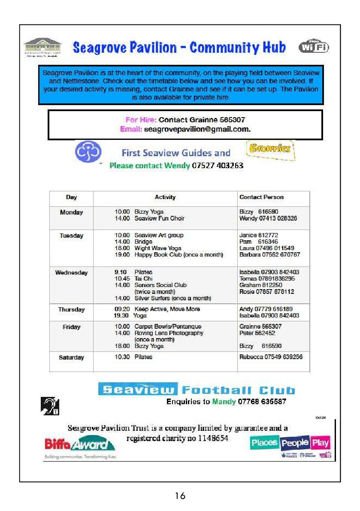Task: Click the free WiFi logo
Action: pos(314,47)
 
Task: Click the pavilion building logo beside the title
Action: pos(42,47)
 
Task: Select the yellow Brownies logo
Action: pos(271,150)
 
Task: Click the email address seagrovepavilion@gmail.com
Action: pos(197,129)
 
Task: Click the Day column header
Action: pos(71,197)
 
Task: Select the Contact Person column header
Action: pos(261,197)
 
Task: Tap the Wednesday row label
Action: pos(71,272)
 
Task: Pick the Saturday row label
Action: pos(71,357)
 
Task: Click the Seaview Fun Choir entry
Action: pos(159,218)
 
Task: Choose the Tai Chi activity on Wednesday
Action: pos(141,278)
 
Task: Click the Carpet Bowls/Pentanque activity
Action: pos(168,327)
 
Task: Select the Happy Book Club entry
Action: pos(178,255)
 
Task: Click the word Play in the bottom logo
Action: pos(321,442)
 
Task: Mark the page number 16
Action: pos(180,496)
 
